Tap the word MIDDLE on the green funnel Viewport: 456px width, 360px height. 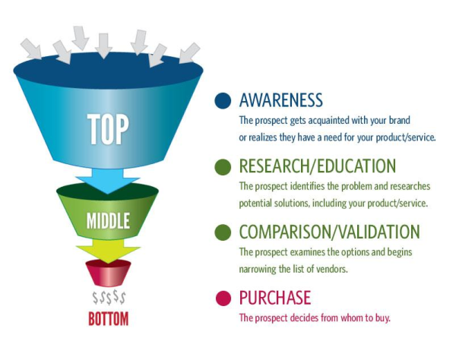(106, 221)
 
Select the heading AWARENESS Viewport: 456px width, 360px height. (280, 100)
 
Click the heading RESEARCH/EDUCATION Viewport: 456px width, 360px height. (317, 166)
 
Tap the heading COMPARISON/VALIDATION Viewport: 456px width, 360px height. (329, 232)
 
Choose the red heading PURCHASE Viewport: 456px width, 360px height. (274, 297)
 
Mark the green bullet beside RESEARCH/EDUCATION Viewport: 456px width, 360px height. (223, 166)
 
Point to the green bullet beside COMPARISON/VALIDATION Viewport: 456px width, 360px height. (223, 232)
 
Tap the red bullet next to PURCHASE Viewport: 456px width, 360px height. (223, 297)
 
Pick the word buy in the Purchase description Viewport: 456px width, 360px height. (382, 317)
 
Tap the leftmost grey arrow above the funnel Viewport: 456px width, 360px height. (30, 48)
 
